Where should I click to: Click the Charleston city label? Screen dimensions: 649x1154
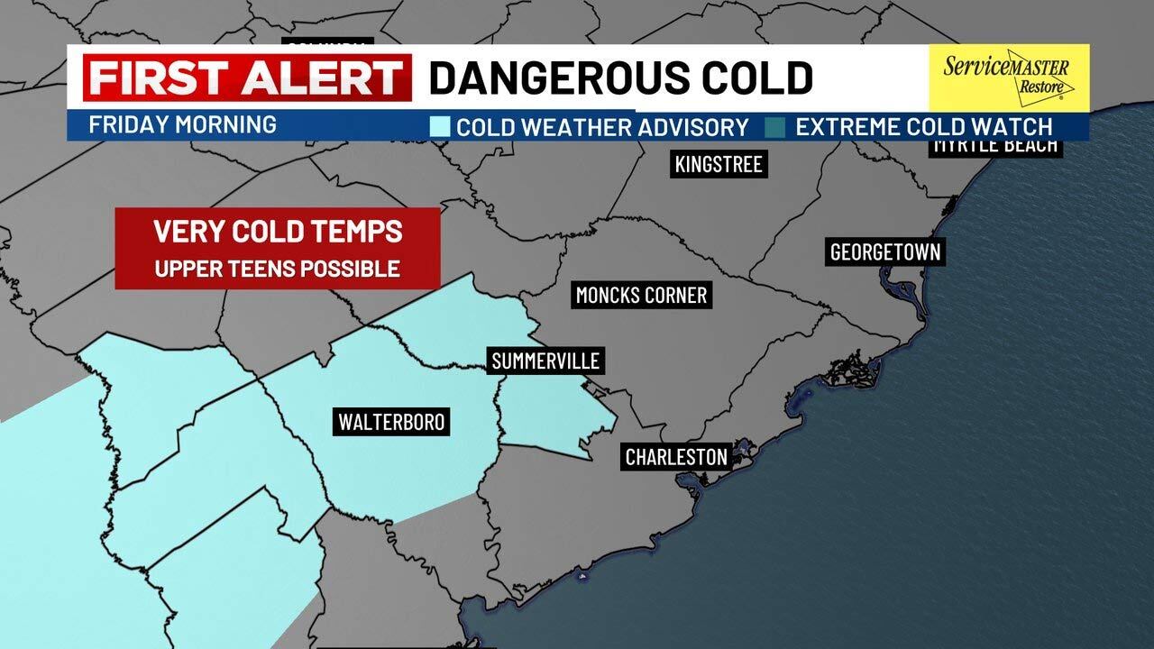(676, 457)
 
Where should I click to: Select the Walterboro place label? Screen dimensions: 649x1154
(391, 421)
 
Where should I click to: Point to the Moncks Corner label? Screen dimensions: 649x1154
(641, 295)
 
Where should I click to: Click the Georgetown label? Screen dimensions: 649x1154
(884, 252)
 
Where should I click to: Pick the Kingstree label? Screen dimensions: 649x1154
(719, 164)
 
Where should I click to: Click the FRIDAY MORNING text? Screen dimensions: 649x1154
(182, 124)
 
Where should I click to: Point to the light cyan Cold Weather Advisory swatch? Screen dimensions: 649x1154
(440, 127)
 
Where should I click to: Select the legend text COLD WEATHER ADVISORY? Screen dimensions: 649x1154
(602, 127)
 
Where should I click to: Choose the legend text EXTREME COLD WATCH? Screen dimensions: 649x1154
(923, 127)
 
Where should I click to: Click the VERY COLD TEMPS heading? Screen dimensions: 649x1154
(278, 232)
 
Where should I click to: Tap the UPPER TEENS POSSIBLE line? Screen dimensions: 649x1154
(278, 269)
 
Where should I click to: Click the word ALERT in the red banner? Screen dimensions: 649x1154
(314, 78)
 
